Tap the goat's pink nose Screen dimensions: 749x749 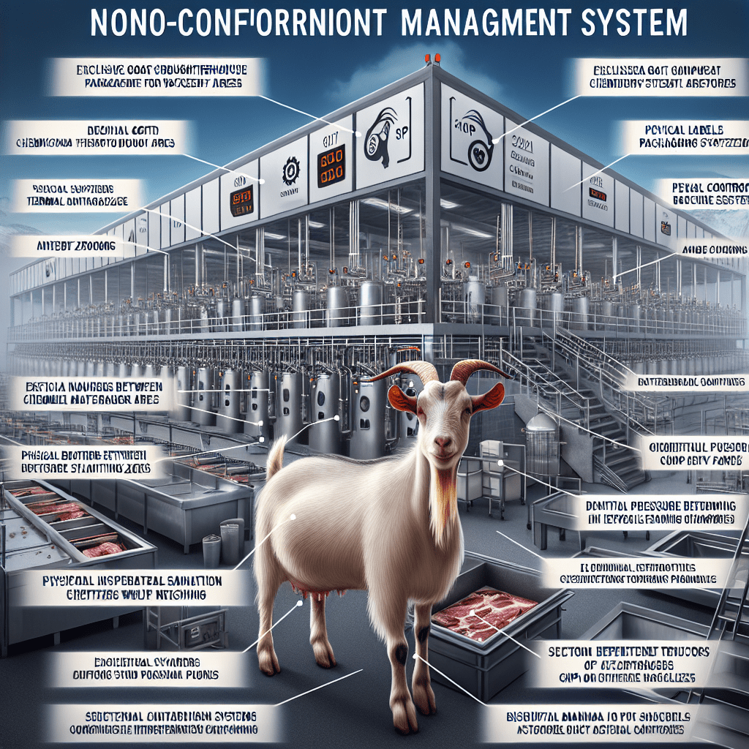443,442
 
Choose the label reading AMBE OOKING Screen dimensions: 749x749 715,250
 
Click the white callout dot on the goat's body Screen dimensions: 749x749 293,516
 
